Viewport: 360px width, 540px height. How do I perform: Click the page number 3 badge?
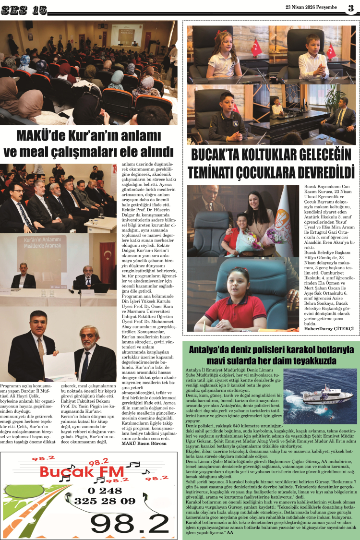tap(351, 8)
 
